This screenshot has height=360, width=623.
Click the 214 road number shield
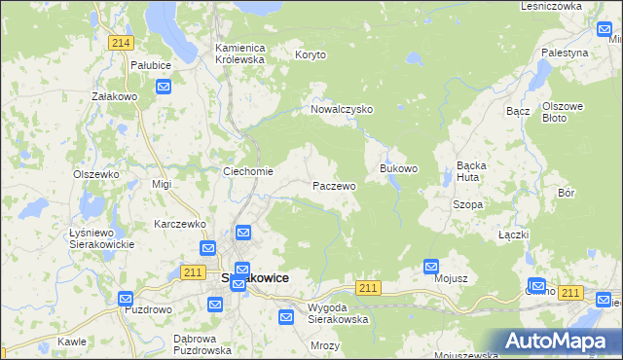[x=122, y=43]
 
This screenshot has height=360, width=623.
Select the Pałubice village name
[x=151, y=65]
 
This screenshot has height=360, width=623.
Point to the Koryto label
[x=313, y=56]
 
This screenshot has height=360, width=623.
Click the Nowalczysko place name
[x=342, y=110]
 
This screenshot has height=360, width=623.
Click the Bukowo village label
[x=398, y=168]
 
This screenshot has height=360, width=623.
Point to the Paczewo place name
[x=333, y=185]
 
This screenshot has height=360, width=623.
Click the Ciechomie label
[x=248, y=172]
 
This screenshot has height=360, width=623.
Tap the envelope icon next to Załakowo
[x=164, y=88]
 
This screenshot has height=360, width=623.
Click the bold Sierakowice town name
[x=254, y=277]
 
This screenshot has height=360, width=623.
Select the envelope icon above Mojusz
[x=431, y=266]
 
